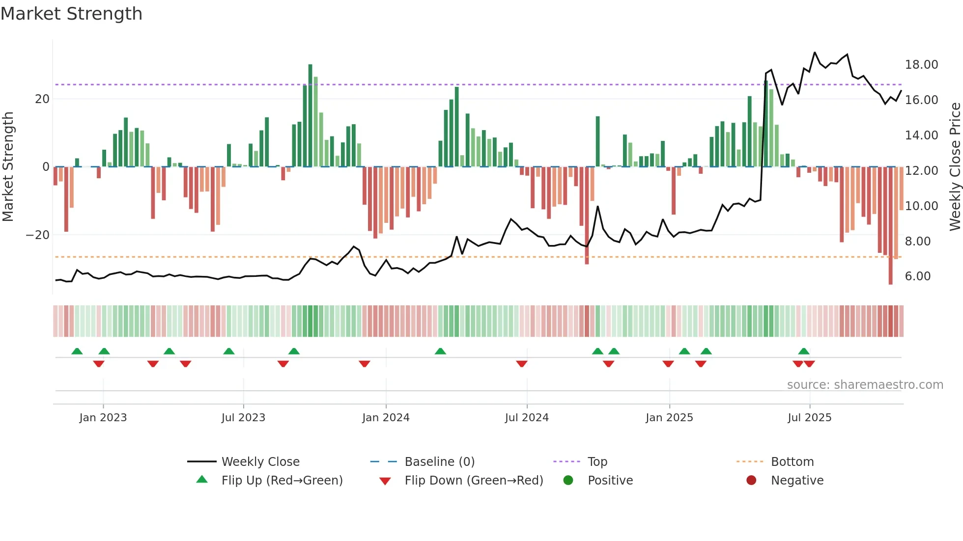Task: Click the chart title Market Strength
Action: [71, 14]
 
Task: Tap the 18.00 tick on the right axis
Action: [921, 65]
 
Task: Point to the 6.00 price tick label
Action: [917, 276]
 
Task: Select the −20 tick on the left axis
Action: [38, 235]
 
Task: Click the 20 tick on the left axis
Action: [42, 99]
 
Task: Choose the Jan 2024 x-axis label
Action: [386, 418]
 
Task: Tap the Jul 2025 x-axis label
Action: [809, 418]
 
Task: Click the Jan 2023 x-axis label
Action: [103, 418]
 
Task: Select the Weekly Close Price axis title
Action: [955, 166]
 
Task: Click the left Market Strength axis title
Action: [8, 166]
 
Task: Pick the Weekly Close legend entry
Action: [260, 462]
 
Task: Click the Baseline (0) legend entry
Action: [439, 462]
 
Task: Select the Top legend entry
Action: [597, 462]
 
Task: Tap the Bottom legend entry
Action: [792, 462]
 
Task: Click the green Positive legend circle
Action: [568, 481]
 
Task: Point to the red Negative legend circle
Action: [751, 481]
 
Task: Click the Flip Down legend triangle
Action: [385, 481]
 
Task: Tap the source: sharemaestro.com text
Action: [865, 385]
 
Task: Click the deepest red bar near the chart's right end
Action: [890, 226]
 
